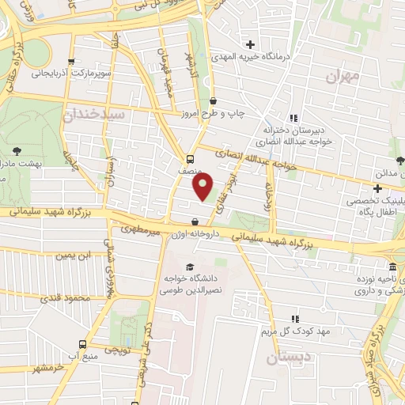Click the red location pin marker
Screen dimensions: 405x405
202,187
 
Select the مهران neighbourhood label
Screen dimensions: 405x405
343,76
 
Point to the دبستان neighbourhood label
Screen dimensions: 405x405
284,359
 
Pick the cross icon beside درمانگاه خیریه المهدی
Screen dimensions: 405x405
251,44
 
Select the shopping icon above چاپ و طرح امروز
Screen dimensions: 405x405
214,100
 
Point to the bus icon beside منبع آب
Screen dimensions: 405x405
83,345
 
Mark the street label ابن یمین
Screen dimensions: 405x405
74,255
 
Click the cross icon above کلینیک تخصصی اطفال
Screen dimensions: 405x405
378,188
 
